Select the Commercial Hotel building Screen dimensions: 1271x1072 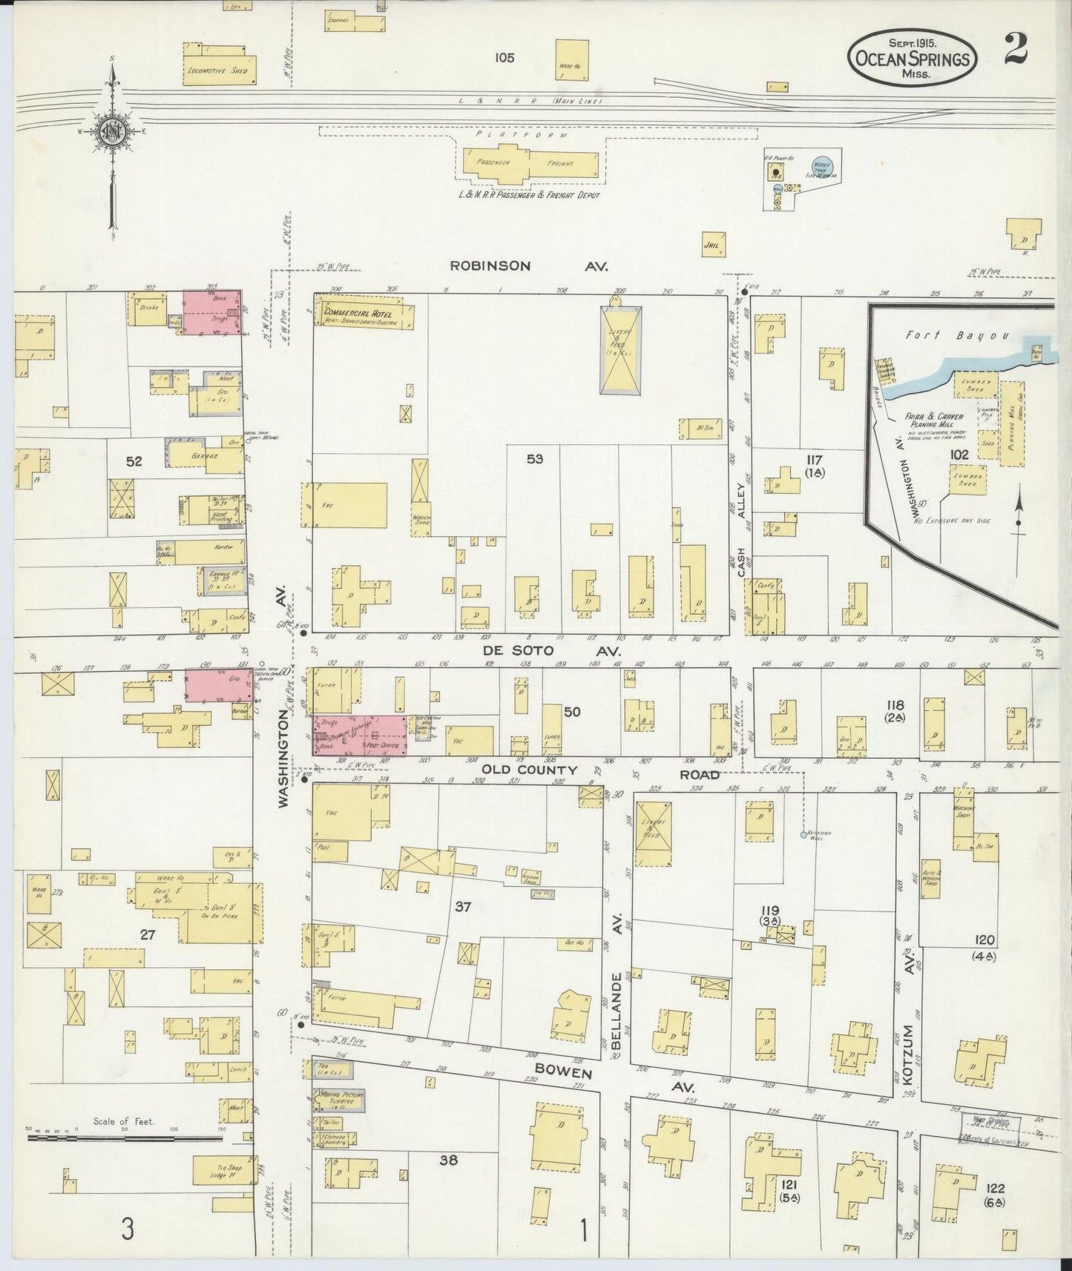click(x=363, y=313)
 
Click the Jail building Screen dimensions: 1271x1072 click(x=713, y=244)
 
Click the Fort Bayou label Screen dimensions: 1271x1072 click(x=957, y=335)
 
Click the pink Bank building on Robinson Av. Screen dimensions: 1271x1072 click(x=212, y=312)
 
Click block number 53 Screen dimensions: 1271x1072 click(x=535, y=459)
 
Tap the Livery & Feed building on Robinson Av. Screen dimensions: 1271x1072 click(x=619, y=349)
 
